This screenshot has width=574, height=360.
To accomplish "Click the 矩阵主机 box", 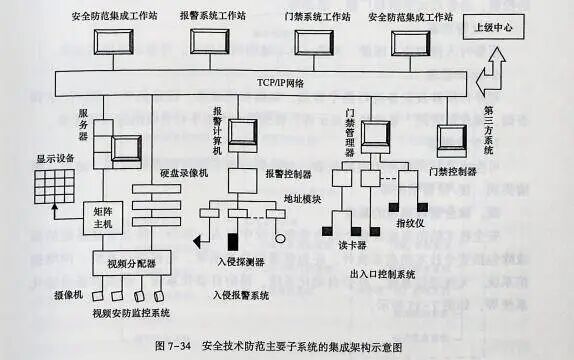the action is [110, 219].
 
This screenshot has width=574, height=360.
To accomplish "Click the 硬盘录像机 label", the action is [184, 174].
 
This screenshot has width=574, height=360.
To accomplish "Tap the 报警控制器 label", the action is [289, 174].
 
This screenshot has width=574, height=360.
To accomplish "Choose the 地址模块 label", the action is [302, 198].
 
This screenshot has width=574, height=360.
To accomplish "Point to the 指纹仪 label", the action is [413, 222].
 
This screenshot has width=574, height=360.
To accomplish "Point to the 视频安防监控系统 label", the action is [131, 313].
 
